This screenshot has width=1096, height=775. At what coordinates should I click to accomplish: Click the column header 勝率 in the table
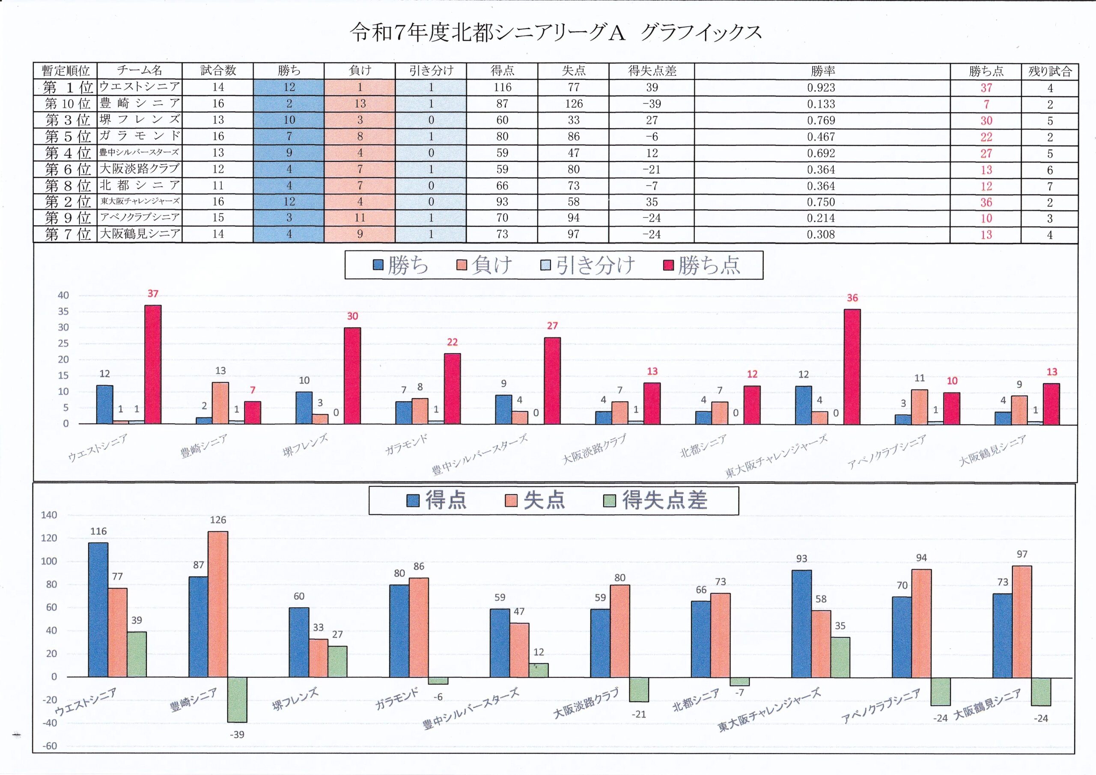822,71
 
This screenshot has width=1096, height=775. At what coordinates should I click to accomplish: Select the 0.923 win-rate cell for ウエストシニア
821,88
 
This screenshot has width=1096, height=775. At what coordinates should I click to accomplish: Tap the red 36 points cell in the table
986,203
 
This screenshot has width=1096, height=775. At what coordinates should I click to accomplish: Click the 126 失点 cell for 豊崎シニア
573,104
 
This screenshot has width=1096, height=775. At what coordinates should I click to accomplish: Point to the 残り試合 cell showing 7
1050,186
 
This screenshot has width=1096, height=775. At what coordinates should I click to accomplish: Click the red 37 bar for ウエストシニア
153,364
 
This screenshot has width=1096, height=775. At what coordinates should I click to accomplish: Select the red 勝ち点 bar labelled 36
852,366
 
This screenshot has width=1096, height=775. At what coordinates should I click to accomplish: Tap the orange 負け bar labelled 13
220,402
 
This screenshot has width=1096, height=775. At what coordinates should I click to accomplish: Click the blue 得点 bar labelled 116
98,609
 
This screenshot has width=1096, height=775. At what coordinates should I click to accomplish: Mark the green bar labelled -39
237,700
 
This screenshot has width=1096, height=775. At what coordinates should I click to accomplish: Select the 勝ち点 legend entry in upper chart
702,265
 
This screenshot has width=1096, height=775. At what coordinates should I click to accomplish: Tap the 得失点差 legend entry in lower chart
656,501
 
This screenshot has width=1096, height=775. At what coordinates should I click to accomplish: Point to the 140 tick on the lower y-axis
49,515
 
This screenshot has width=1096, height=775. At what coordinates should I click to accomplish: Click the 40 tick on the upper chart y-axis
63,295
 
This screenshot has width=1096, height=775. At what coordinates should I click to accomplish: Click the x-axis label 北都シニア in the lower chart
696,700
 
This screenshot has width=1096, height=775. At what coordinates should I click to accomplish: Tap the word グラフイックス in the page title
700,33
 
